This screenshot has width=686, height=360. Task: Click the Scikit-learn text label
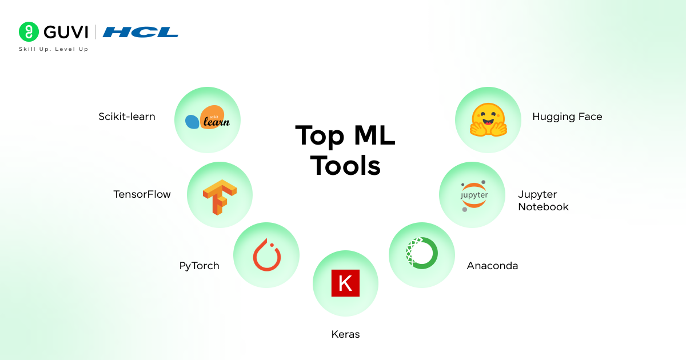126,117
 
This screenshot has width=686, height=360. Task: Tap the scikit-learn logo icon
208,120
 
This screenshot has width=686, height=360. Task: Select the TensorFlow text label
142,194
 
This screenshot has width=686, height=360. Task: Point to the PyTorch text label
199,266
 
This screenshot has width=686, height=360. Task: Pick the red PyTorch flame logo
266,255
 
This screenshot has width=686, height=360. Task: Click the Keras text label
345,334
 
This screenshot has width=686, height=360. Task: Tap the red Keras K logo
345,283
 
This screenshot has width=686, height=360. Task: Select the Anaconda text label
492,266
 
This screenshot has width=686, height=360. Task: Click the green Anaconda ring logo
422,253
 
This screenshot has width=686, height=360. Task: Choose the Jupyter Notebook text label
543,201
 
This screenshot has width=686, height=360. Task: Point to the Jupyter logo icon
474,195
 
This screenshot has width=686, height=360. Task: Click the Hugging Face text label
567,117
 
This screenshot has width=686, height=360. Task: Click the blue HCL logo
141,32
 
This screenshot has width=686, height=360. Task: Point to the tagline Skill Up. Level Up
54,49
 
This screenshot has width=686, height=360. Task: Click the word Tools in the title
345,166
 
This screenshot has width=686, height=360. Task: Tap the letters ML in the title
372,136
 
